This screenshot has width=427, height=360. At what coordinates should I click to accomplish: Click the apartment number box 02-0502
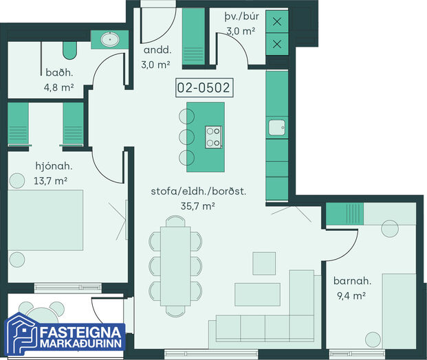pyautogui.click(x=204, y=88)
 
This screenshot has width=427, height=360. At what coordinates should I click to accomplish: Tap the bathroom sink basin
pyautogui.click(x=110, y=40)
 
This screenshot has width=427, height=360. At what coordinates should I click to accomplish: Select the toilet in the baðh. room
pyautogui.click(x=69, y=50)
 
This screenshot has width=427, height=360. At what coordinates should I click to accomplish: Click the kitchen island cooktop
pyautogui.click(x=213, y=137)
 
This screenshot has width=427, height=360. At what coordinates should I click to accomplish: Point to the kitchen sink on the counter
pyautogui.click(x=277, y=127)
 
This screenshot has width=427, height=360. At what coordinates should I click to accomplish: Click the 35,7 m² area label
pyautogui.click(x=198, y=206)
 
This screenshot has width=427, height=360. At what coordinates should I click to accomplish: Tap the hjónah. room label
pyautogui.click(x=54, y=166)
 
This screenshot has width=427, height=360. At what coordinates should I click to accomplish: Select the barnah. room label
pyautogui.click(x=352, y=281)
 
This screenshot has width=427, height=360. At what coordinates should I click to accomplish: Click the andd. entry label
pyautogui.click(x=157, y=50)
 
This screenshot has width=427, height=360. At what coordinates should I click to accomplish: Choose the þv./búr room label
pyautogui.click(x=241, y=16)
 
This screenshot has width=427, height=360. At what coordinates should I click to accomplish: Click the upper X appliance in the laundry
pyautogui.click(x=277, y=21)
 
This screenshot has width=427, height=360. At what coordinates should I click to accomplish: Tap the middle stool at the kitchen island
pyautogui.click(x=186, y=137)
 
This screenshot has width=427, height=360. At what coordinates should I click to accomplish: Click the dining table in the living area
pyautogui.click(x=175, y=266)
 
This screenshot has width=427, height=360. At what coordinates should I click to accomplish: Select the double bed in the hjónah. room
pyautogui.click(x=45, y=220)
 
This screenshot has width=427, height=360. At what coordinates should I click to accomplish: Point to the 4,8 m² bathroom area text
pyautogui.click(x=59, y=88)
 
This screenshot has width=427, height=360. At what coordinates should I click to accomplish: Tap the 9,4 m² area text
pyautogui.click(x=351, y=296)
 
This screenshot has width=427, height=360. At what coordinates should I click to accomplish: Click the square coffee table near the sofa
pyautogui.click(x=264, y=263)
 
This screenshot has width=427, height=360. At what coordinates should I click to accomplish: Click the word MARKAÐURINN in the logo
pyautogui.click(x=81, y=344)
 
